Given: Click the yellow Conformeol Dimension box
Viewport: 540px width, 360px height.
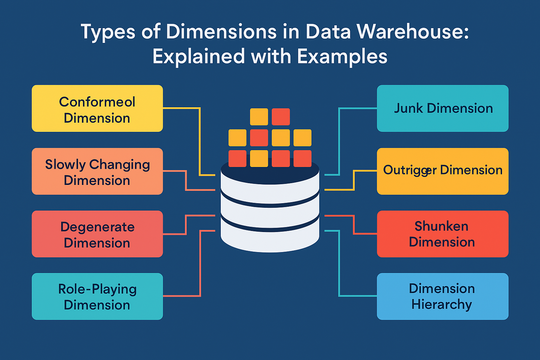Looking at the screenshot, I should [x=97, y=109].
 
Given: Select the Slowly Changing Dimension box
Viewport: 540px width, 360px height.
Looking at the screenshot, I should [x=97, y=172].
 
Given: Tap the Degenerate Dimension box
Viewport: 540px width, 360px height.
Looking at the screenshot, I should [x=97, y=234].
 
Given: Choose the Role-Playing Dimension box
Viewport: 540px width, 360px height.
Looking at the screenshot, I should [x=97, y=296].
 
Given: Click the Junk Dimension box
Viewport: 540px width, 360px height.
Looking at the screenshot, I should [x=443, y=109].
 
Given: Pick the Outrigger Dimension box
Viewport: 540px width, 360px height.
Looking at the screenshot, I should [x=443, y=172].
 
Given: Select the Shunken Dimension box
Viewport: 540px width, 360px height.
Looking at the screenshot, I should [x=443, y=234].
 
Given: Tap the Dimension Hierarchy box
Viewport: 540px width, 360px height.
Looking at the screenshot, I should [x=443, y=296].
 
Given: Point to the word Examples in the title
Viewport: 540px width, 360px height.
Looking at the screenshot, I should [x=342, y=57].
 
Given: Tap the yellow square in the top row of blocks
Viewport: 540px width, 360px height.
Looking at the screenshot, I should [x=259, y=117].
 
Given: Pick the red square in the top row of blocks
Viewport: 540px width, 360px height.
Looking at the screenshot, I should [x=281, y=117].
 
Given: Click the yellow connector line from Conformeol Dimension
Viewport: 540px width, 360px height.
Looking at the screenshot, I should [x=200, y=141].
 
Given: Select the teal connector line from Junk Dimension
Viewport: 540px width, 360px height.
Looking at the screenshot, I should [x=339, y=141].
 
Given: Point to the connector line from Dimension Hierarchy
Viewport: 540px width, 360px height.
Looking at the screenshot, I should [x=339, y=264].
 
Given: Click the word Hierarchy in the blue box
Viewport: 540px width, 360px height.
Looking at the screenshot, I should [x=442, y=304].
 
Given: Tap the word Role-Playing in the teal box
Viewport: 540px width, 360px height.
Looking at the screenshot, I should [x=97, y=289].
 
